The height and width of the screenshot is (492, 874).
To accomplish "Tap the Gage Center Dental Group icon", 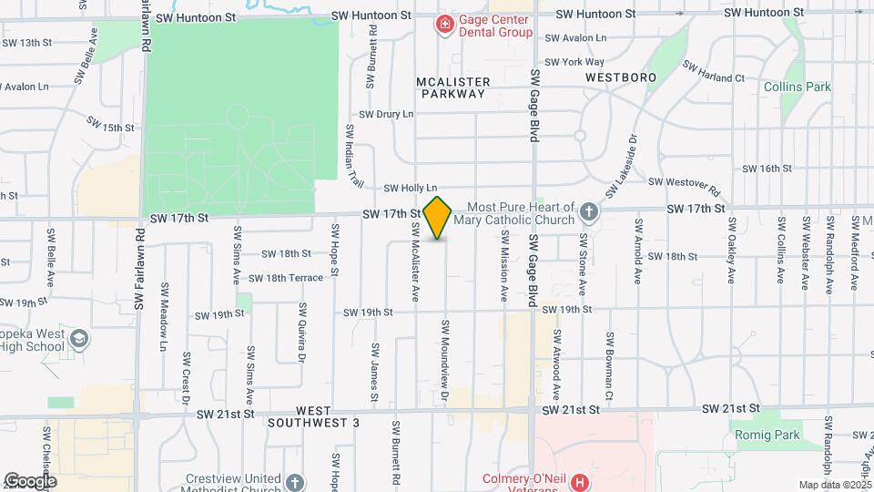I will point(445,24).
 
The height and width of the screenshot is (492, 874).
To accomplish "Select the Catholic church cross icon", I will point(589,213).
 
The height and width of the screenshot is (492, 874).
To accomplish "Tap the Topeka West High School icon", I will point(80,340).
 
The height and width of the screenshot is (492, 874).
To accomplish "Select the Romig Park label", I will point(792,435).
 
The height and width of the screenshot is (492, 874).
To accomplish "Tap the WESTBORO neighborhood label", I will point(621,78).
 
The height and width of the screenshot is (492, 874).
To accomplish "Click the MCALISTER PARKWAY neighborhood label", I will point(452,87).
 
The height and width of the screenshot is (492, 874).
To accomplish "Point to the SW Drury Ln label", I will point(386,114).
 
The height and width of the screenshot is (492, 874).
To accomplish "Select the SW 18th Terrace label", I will point(286,278).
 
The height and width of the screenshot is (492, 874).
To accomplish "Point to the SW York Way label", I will point(558,62).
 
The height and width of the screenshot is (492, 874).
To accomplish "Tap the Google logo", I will point(30,480).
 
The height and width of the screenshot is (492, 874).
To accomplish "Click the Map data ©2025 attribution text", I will point(834,485).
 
